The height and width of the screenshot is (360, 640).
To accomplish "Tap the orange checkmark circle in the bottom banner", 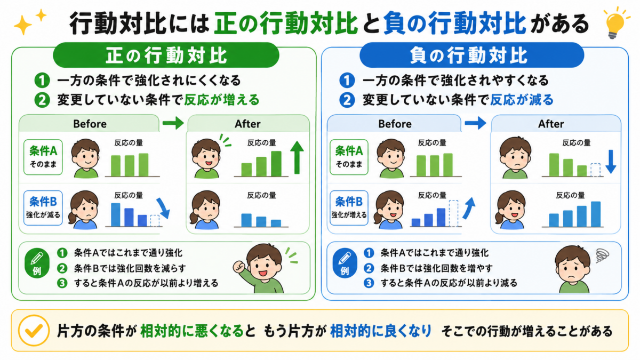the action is (x=34, y=330).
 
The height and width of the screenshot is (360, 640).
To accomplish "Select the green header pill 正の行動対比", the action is (x=166, y=55).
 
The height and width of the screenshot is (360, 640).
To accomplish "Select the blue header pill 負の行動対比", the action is (x=471, y=55).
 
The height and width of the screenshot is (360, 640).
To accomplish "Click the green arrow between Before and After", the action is (x=173, y=123).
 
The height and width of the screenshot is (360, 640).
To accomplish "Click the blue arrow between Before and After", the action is (x=475, y=123).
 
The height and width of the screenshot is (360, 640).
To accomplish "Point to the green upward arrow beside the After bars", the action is (x=297, y=157).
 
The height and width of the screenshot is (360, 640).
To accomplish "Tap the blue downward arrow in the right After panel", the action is (x=611, y=162).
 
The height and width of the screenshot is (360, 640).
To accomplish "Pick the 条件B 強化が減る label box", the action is (x=43, y=208).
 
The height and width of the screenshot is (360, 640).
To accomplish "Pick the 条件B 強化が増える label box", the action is (x=349, y=208).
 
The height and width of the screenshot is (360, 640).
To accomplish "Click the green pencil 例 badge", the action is (x=37, y=263).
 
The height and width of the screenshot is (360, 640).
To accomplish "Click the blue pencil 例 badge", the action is (x=345, y=263).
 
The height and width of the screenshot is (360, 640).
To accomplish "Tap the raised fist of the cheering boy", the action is (x=239, y=267).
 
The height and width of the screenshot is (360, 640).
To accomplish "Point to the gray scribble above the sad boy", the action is (x=602, y=255).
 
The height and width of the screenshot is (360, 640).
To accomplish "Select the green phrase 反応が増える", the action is (x=222, y=100).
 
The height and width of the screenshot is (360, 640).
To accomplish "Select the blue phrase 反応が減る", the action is (x=522, y=100).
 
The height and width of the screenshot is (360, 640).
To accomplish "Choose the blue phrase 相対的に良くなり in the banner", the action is (x=381, y=331).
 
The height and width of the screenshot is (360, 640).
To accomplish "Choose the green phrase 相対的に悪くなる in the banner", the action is (x=191, y=331).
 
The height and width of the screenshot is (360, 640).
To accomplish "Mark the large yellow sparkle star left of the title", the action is (x=23, y=25).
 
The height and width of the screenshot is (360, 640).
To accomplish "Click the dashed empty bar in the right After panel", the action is (x=595, y=170).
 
